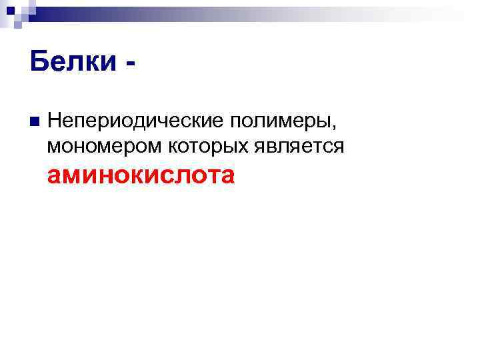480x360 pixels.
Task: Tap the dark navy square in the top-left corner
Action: pyautogui.click(x=10, y=9)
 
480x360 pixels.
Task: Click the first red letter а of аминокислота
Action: pyautogui.click(x=55, y=177)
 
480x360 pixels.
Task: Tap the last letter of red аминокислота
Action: pyautogui.click(x=227, y=177)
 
